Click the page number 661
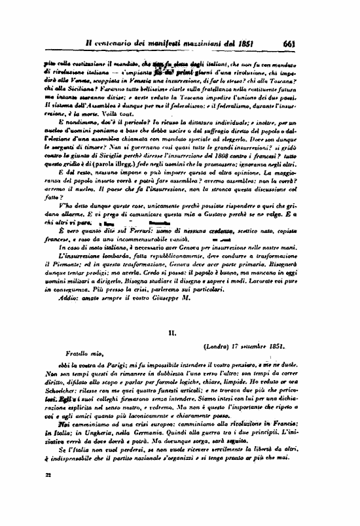coord(292,44)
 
